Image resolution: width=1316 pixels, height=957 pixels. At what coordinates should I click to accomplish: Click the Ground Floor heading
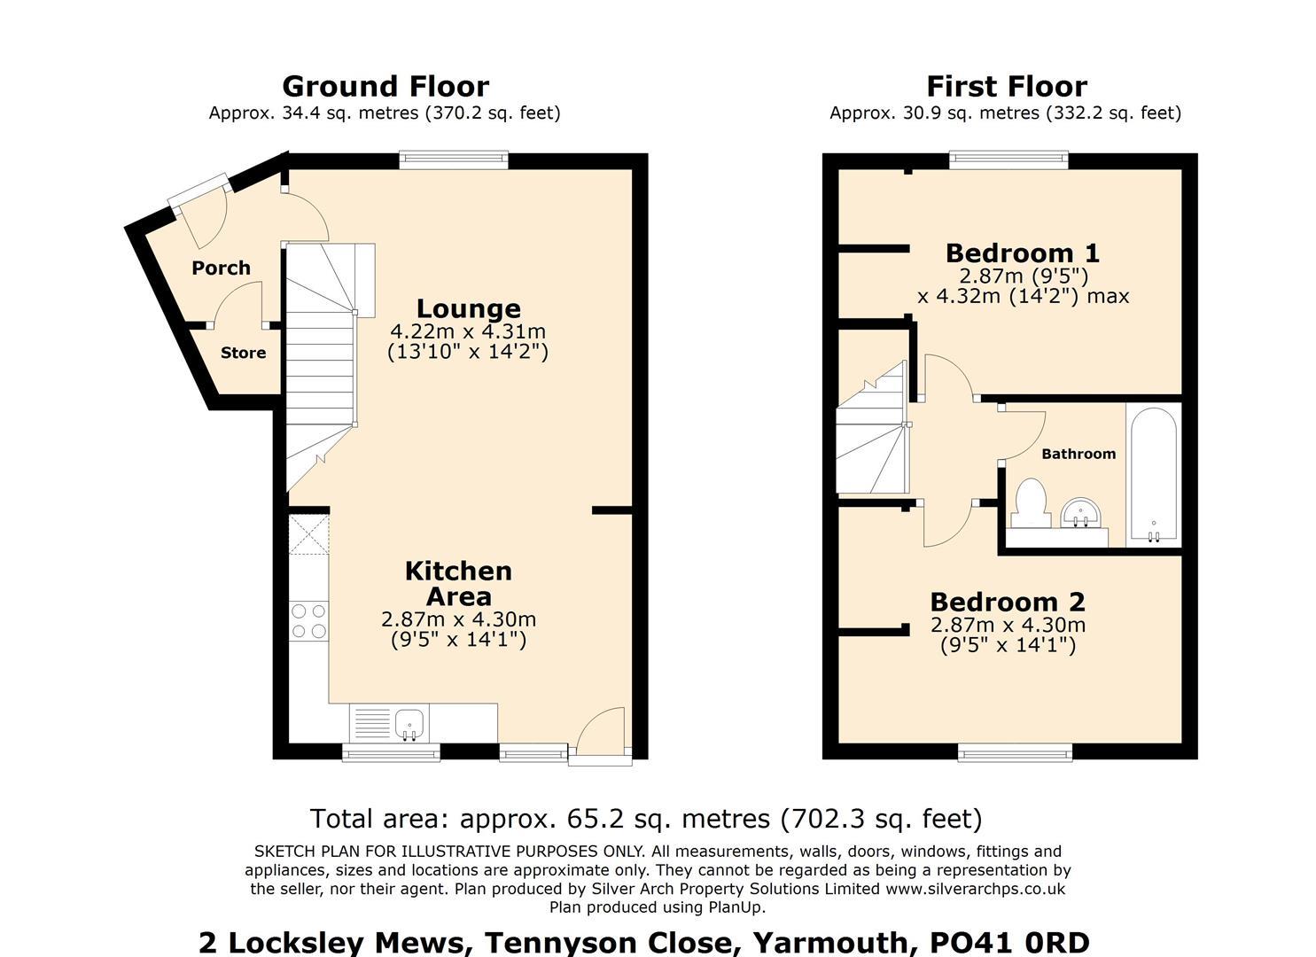(x=385, y=86)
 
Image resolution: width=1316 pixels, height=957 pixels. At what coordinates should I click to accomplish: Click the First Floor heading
(x=1006, y=86)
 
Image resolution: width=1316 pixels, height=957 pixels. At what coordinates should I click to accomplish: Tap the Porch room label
(x=221, y=268)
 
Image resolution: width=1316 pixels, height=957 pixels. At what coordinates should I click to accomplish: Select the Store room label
(x=243, y=353)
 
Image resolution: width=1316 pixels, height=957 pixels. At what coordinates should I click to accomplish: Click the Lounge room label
(x=468, y=308)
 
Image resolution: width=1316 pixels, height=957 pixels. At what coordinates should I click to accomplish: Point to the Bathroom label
(x=1078, y=454)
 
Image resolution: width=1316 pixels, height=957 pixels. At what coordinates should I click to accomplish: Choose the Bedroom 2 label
(x=1007, y=602)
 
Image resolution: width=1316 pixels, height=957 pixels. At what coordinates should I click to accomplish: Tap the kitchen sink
(x=409, y=724)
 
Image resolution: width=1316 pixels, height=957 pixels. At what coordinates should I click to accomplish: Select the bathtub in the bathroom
(x=1153, y=475)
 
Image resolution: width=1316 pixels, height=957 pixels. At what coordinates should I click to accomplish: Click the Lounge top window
(x=454, y=160)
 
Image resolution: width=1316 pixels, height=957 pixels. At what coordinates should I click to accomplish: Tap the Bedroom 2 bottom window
(x=1015, y=753)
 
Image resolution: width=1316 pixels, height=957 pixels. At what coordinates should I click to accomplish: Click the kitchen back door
(x=601, y=734)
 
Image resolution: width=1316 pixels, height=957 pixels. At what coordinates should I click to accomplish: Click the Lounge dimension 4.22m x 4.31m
(x=468, y=331)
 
